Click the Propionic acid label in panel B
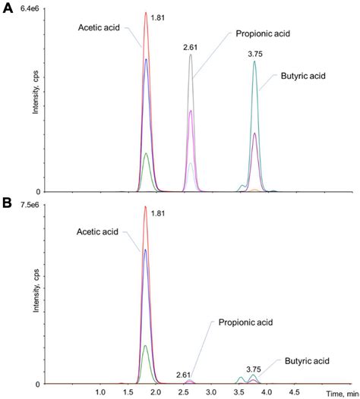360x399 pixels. click(x=245, y=322)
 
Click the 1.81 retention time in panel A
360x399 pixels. click(x=159, y=16)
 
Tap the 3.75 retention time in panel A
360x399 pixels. click(x=254, y=54)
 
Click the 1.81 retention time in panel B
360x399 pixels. click(x=159, y=214)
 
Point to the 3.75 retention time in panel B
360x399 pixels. click(x=254, y=369)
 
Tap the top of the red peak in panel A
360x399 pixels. click(x=146, y=13)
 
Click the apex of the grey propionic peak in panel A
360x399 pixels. click(x=191, y=55)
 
